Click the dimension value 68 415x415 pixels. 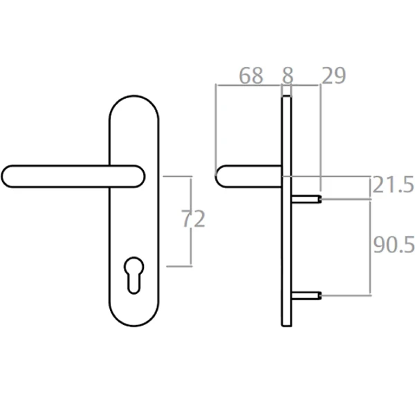(251, 75)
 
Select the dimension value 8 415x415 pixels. (287, 75)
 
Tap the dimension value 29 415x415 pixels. (333, 75)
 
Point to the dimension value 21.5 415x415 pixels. (392, 185)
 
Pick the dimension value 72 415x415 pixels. (193, 219)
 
